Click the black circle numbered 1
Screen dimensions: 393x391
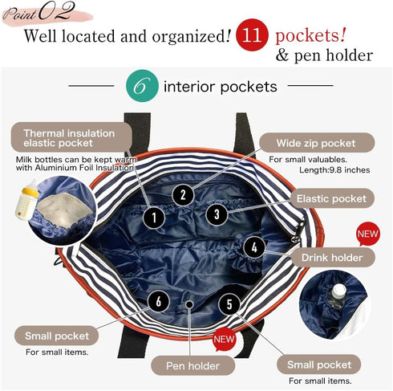pos(154,218)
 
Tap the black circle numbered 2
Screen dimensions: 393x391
pos(183,194)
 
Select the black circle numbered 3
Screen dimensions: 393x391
pos(217,214)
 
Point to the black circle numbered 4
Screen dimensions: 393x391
pos(254,247)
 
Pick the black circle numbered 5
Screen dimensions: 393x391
pos(229,304)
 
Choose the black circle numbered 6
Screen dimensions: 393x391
pos(159,301)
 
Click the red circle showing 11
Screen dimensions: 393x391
pos(252,35)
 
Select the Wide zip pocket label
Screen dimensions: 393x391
pos(317,143)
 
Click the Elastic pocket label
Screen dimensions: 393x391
pos(332,198)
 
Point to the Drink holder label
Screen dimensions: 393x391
pos(333,258)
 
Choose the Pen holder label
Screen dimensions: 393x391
pos(192,365)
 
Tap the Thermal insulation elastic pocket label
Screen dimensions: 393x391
pos(71,137)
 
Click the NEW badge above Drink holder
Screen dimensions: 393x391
pos(368,234)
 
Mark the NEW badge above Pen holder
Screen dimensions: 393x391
pos(224,340)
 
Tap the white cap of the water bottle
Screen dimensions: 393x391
pos(339,289)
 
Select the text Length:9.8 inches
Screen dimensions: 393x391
pos(334,170)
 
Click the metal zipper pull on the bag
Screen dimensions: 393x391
pos(299,230)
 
